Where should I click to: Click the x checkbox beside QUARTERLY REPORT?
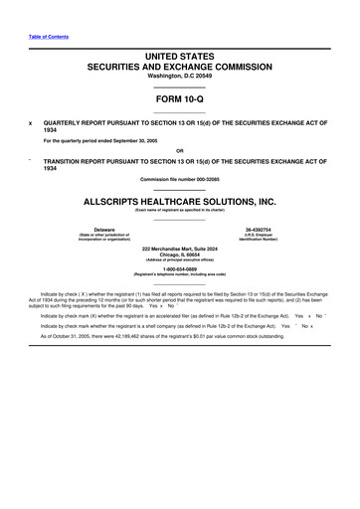click(29, 125)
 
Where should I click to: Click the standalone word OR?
click(179, 151)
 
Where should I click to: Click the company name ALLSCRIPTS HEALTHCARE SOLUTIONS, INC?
click(179, 200)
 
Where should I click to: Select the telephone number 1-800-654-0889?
click(179, 268)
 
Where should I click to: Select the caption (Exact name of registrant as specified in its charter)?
click(179, 210)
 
